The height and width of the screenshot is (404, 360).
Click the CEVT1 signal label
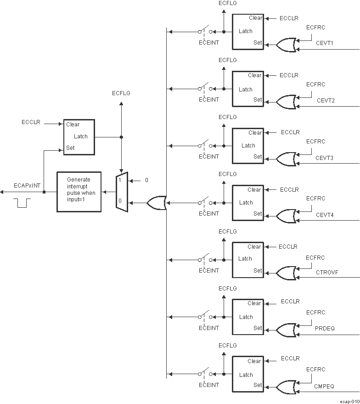325,43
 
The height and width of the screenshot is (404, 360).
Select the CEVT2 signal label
326,100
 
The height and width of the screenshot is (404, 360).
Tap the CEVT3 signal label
324,158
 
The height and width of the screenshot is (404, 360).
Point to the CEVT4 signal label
325,215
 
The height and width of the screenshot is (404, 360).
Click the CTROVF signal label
326,272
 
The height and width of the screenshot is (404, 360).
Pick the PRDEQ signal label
325,329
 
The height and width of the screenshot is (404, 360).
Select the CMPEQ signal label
325,387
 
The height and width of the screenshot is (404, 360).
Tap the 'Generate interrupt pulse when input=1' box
79,192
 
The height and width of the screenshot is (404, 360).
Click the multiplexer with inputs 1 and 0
121,192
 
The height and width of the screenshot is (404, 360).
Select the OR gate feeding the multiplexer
157,203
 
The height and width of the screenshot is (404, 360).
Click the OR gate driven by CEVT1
286,45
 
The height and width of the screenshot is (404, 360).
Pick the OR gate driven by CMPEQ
286,387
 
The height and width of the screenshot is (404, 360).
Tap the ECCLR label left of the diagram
31,122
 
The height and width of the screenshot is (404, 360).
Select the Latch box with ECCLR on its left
79,137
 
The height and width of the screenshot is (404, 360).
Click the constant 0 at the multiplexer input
146,180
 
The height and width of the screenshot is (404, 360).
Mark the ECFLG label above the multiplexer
121,93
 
